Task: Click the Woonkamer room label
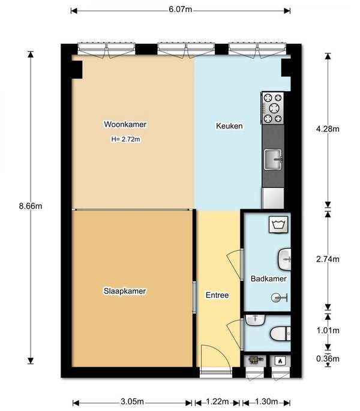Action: point(125,124)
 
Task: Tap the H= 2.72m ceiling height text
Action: point(126,139)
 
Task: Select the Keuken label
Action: point(229,126)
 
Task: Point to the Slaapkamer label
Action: point(125,291)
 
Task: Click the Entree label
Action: point(217,295)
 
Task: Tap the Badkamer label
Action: point(268,278)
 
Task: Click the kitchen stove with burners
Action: point(272,108)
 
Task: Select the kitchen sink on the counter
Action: point(273,160)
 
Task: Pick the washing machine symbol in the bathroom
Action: point(278,224)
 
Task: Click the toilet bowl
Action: point(280,334)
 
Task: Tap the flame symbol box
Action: point(280,361)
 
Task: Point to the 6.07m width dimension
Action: point(181,10)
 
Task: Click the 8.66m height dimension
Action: point(31,206)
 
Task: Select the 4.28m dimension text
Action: point(328,129)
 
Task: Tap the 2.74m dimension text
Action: point(328,259)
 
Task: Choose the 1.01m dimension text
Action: point(328,331)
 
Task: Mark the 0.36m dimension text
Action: point(328,359)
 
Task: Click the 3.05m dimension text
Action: point(132,401)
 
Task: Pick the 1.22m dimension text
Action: point(217,401)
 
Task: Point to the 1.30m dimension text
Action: point(266,401)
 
